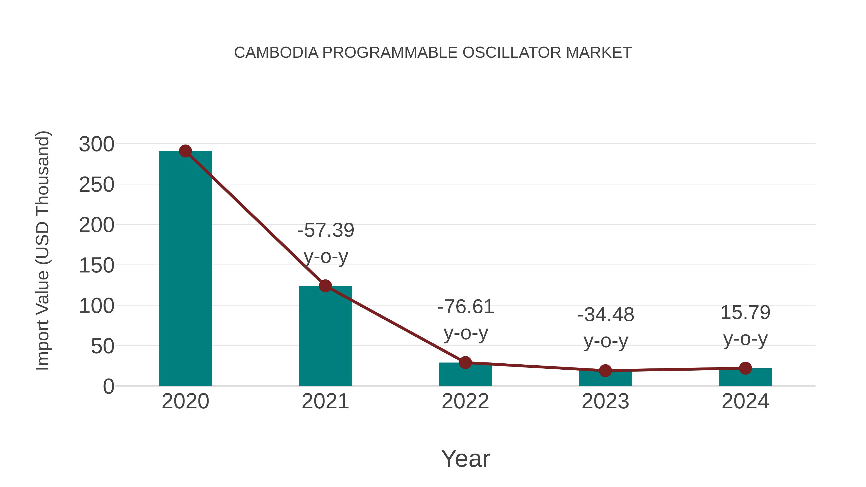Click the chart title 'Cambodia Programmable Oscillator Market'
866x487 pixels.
tap(433, 53)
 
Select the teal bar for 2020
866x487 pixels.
tap(185, 269)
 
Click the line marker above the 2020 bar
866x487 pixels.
tap(185, 151)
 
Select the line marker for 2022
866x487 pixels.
tap(465, 363)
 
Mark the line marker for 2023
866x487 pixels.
tap(605, 370)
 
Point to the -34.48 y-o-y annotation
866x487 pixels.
tap(606, 328)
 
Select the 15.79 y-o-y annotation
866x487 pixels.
tap(745, 325)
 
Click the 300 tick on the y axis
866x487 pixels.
tap(96, 145)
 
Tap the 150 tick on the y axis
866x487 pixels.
tap(96, 266)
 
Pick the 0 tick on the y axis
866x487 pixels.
tap(108, 386)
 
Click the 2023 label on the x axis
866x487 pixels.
tap(605, 401)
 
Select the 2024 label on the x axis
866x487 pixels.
tap(745, 401)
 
